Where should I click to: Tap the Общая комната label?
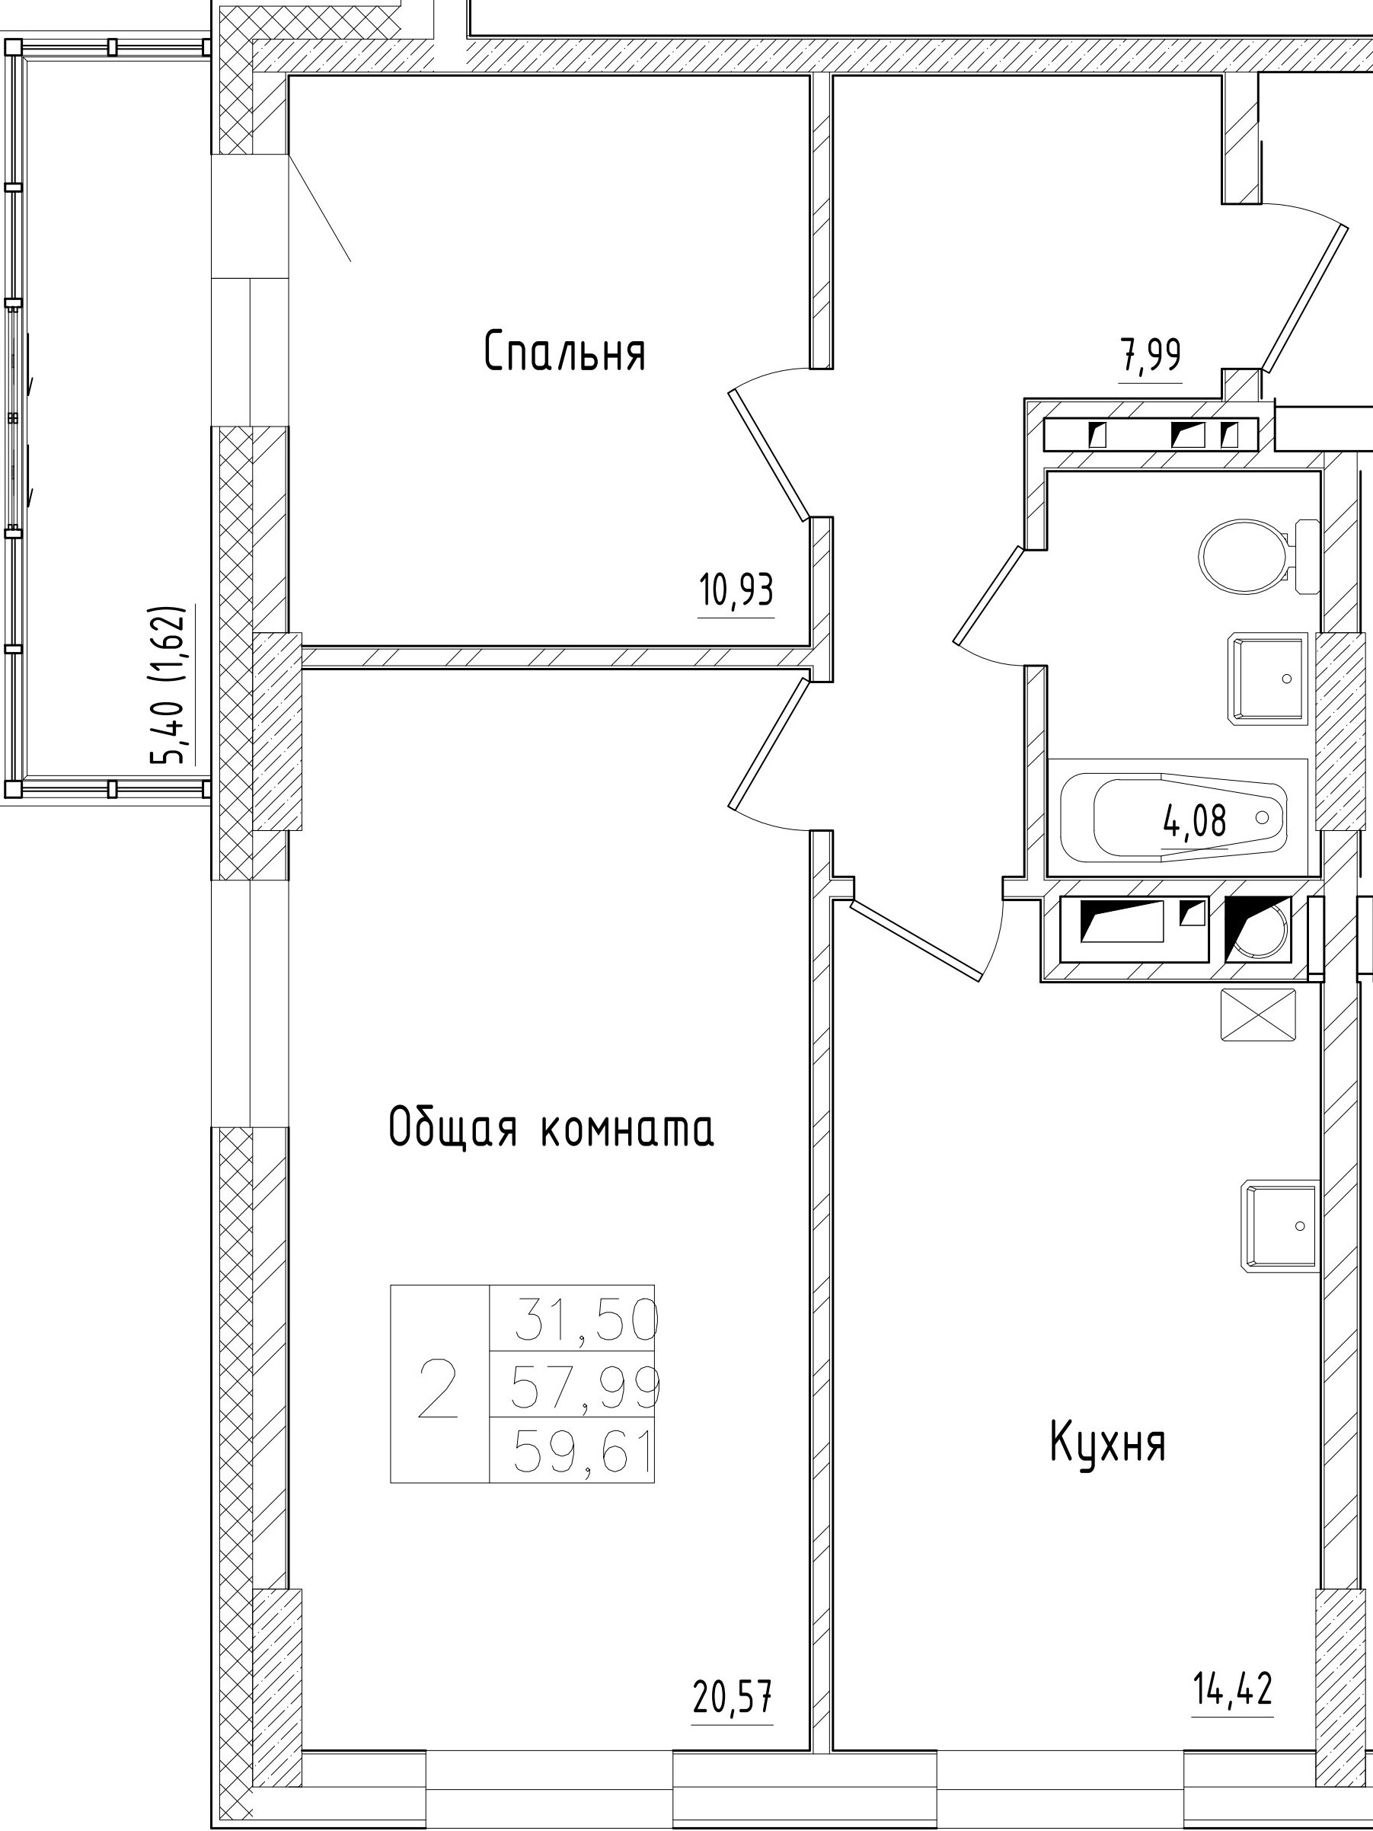551,1128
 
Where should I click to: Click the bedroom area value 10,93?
736,592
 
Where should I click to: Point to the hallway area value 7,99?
1151,357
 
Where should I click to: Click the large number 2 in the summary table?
439,1391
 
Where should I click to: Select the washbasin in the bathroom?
1266,679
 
